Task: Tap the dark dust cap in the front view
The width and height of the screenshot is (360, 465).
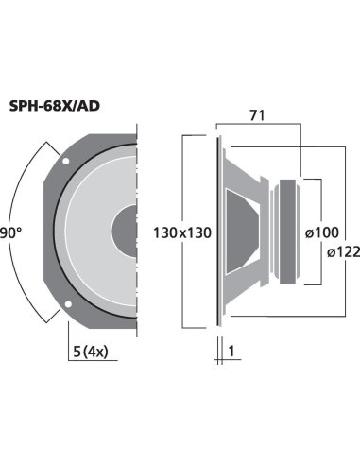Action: coord(127,232)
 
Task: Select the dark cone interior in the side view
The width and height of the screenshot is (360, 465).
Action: coord(248,232)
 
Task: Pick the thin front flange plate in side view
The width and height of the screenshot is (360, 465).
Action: coord(221,232)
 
